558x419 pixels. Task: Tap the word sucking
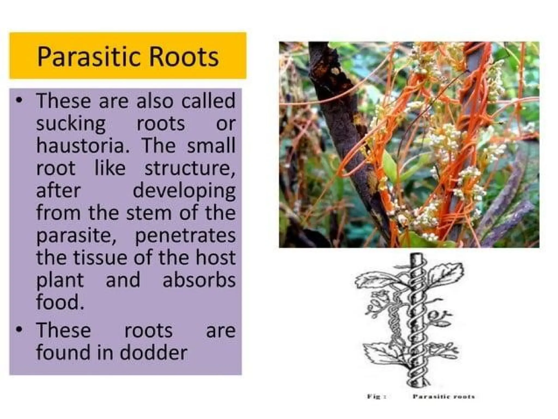[x=71, y=124]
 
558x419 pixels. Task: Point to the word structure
[x=190, y=168]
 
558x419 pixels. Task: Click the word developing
[x=184, y=191]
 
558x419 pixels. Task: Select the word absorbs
[x=199, y=280]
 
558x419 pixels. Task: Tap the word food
[x=60, y=302]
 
